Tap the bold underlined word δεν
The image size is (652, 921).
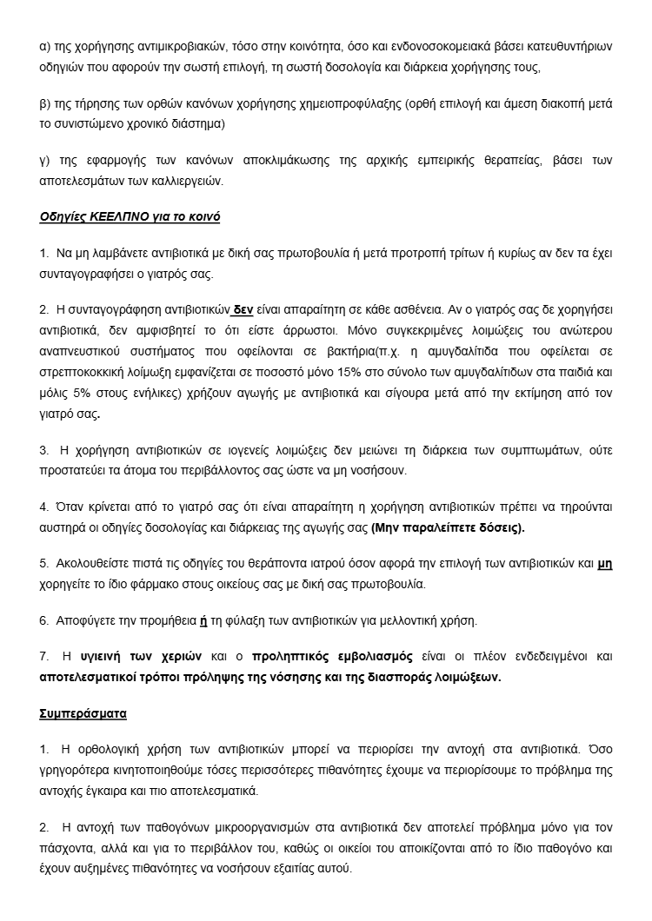coord(243,309)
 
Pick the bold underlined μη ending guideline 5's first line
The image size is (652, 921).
coord(605,563)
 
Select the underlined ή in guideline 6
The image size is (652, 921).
coord(203,620)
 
